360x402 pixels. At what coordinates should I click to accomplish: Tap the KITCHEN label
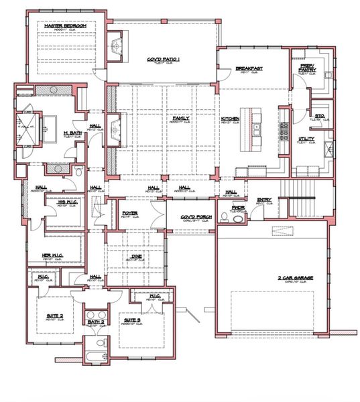[x=230, y=119]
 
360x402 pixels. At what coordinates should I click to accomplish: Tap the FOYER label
[x=129, y=214]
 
